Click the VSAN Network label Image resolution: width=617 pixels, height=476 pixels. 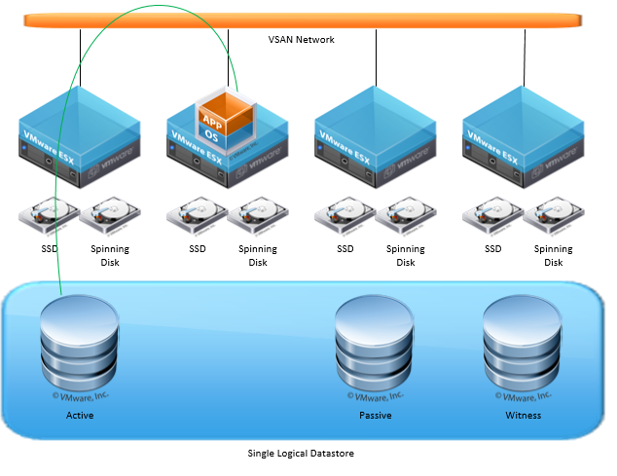tap(302, 40)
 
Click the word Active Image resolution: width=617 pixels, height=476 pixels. tap(80, 416)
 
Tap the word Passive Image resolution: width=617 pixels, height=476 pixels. tap(375, 416)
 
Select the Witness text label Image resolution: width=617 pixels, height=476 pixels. tap(523, 416)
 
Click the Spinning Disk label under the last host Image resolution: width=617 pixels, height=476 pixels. tap(554, 255)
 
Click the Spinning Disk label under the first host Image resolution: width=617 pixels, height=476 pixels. tap(110, 255)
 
